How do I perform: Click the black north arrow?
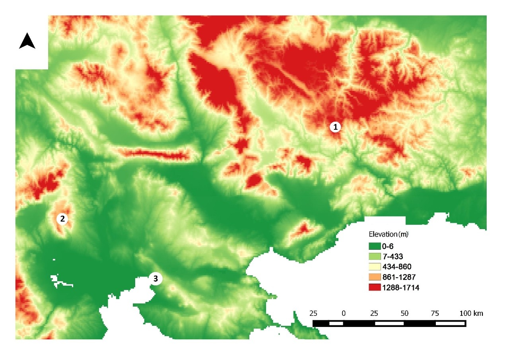click(x=27, y=41)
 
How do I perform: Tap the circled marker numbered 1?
click(x=336, y=127)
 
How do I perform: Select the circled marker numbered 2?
click(x=62, y=218)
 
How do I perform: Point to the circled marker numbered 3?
click(x=155, y=279)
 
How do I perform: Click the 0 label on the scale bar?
click(x=344, y=313)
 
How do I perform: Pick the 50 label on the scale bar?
click(x=404, y=313)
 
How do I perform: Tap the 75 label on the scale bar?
click(x=435, y=313)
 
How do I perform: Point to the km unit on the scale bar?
click(x=478, y=313)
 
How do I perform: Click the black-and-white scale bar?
click(x=389, y=323)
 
